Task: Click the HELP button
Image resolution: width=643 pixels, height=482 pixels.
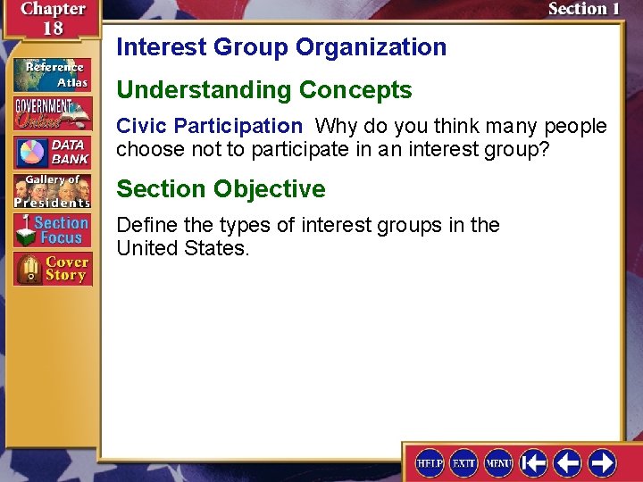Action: [x=430, y=463]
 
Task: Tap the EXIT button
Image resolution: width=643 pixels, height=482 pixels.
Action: [x=463, y=463]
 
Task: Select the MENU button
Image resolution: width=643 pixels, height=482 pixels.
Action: [x=497, y=463]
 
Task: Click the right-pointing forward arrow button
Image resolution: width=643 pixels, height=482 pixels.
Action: [x=603, y=462]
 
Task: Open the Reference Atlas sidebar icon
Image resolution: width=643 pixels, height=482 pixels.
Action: [x=52, y=74]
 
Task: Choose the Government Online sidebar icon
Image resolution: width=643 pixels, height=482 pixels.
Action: [x=52, y=112]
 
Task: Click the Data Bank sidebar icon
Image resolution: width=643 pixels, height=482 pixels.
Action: [x=52, y=153]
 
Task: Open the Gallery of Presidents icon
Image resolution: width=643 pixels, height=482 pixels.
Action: [x=52, y=191]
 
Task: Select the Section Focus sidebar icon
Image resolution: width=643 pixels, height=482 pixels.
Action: [x=52, y=230]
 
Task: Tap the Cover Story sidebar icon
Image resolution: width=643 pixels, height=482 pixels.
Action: [x=52, y=269]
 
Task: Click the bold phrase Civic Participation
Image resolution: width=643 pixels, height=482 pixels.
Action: [x=209, y=127]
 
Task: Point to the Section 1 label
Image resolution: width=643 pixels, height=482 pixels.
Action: [x=583, y=10]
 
